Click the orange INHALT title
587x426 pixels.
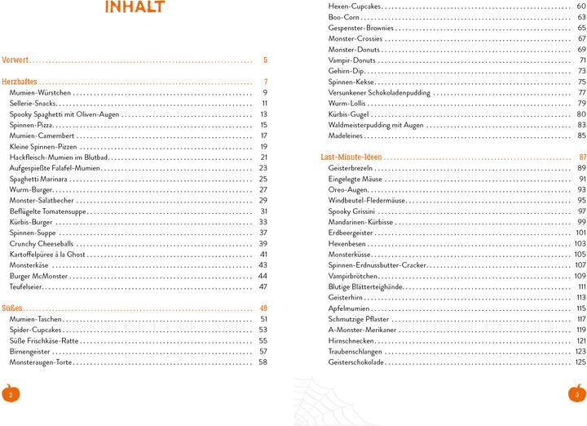point(135,9)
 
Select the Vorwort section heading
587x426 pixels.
point(15,60)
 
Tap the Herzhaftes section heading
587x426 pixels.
point(20,82)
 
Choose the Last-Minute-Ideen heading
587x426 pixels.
point(351,157)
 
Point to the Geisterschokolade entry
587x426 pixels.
point(355,362)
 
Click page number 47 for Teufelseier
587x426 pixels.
point(263,286)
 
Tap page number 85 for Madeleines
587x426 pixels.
point(581,135)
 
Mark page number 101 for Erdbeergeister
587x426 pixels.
point(580,233)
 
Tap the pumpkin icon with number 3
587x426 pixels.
point(576,393)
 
